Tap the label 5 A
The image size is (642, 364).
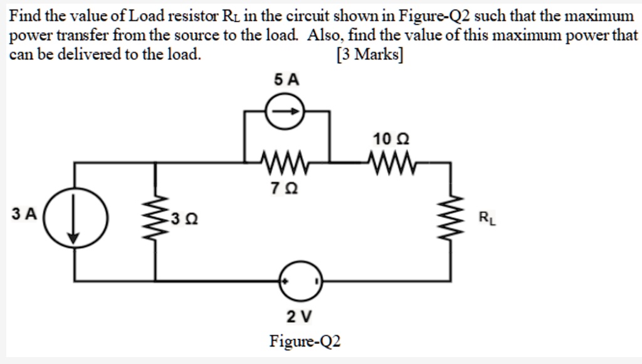coord(287,79)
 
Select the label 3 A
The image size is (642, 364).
coord(24,214)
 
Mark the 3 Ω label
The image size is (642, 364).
coord(184,219)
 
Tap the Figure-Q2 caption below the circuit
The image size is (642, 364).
coord(305,341)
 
